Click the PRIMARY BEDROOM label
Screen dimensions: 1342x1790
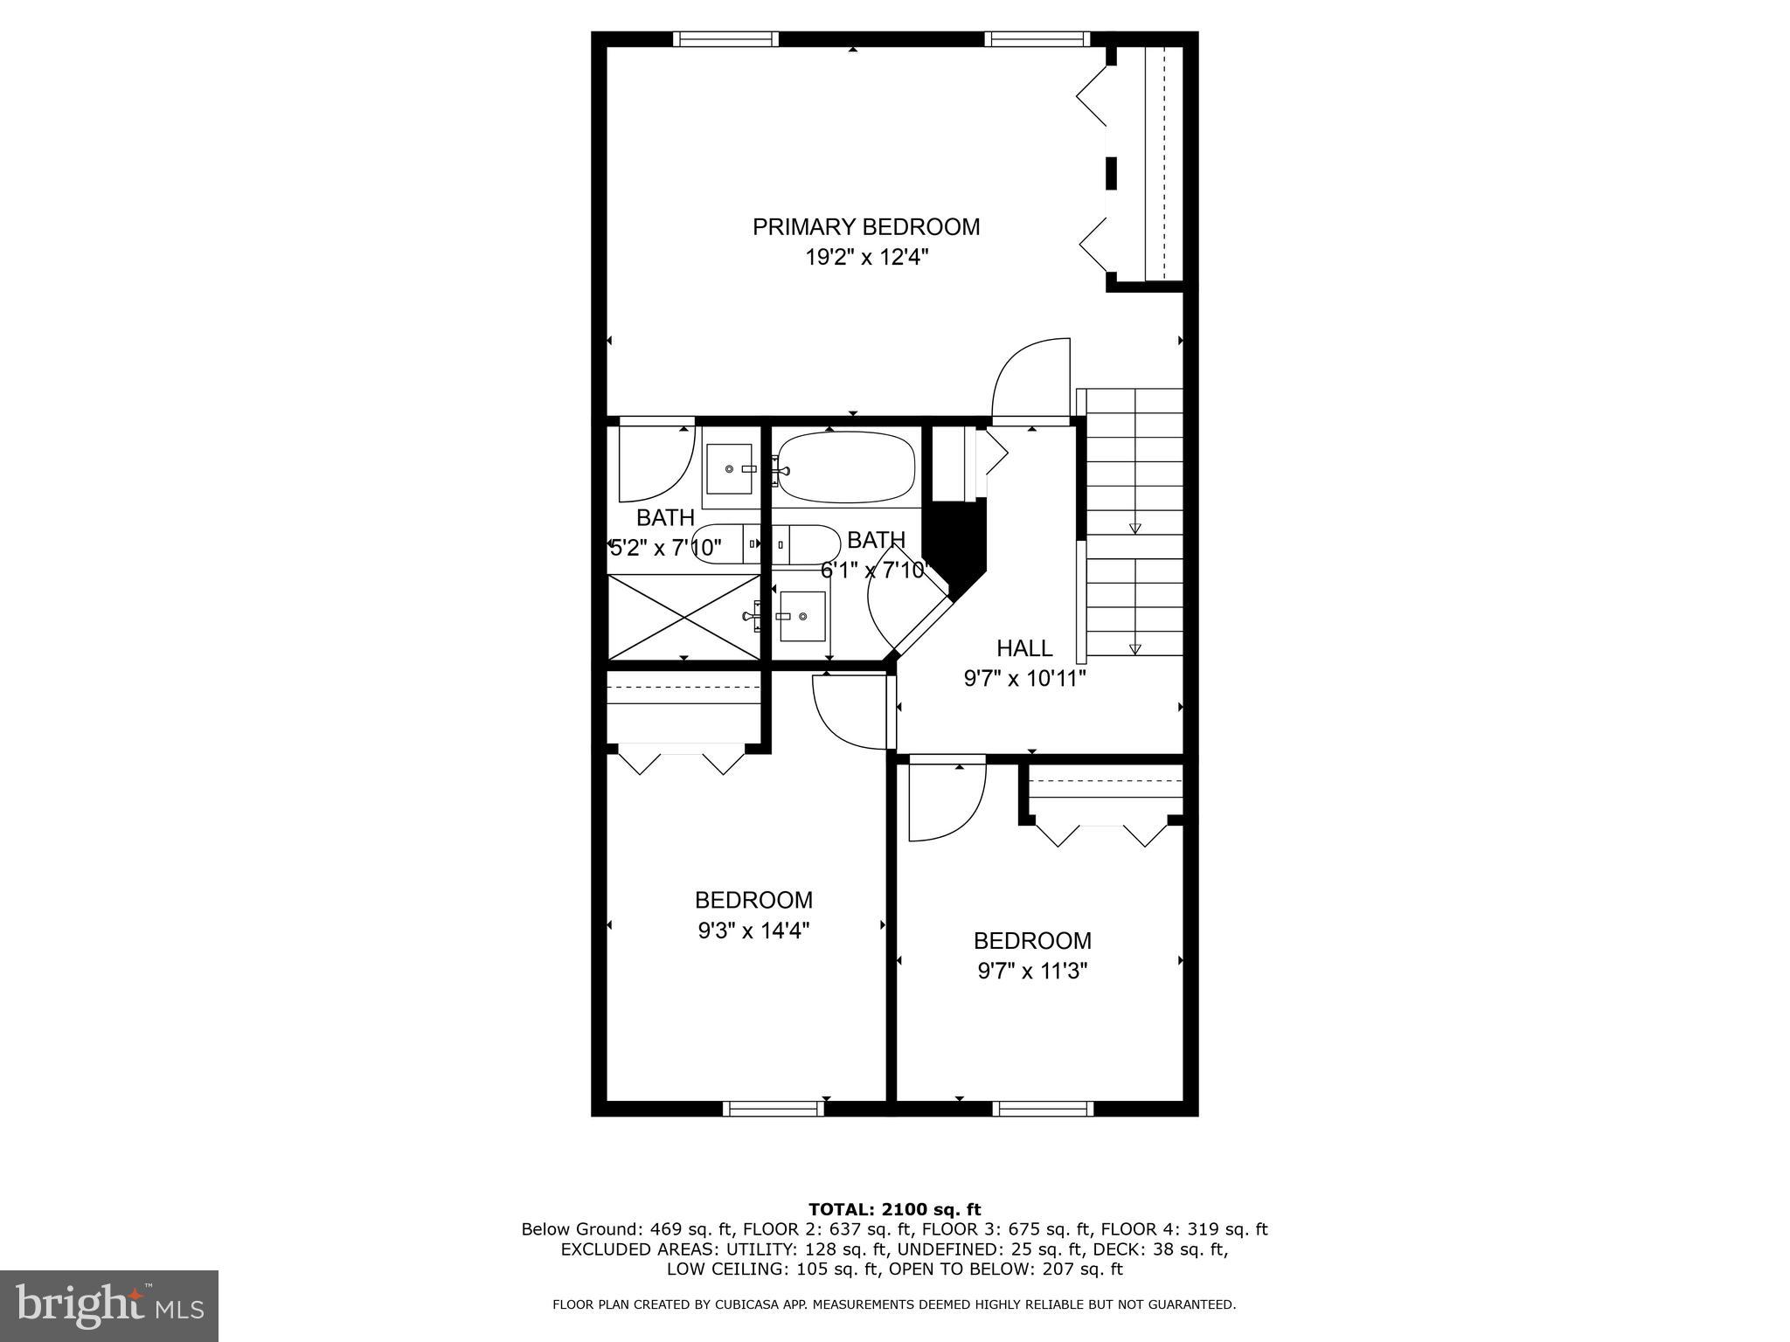tap(865, 227)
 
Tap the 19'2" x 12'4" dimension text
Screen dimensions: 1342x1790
tap(865, 258)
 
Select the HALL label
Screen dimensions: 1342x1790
tap(1024, 648)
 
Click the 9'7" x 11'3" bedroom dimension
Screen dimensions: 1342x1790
tap(1031, 972)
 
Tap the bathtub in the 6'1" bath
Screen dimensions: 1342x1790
tap(845, 467)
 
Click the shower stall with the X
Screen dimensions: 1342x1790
tap(683, 616)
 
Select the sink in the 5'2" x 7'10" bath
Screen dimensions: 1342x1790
tap(730, 469)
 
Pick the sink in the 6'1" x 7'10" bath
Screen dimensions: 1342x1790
tap(802, 616)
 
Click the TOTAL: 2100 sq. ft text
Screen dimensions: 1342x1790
tap(894, 1210)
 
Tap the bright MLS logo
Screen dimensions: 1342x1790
tap(109, 1305)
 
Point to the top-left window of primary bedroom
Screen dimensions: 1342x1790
tap(725, 38)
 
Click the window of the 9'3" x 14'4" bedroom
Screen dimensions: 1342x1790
tap(773, 1109)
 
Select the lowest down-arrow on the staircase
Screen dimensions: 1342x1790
tap(1134, 649)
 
